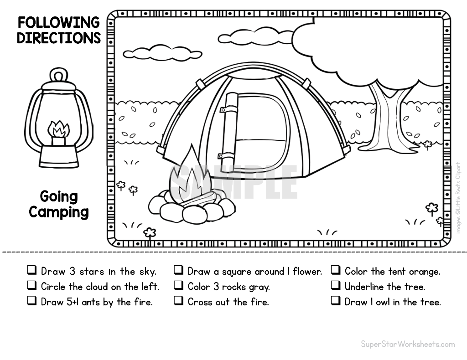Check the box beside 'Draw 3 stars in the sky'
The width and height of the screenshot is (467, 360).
pyautogui.click(x=32, y=270)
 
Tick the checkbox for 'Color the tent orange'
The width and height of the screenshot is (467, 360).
pyautogui.click(x=336, y=270)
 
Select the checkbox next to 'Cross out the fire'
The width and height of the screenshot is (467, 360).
pyautogui.click(x=178, y=300)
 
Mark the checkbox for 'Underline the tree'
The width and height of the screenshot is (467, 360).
pyautogui.click(x=336, y=285)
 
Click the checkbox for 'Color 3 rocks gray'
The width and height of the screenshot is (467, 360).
pyautogui.click(x=178, y=285)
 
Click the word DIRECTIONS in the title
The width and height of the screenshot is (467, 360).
pyautogui.click(x=59, y=38)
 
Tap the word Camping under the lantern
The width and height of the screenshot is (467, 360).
pyautogui.click(x=59, y=212)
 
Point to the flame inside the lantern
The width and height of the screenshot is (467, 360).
pyautogui.click(x=58, y=130)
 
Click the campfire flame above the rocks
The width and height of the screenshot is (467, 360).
pyautogui.click(x=190, y=175)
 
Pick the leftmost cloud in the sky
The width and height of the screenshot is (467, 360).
pyautogui.click(x=163, y=52)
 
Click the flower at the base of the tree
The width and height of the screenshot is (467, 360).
pyautogui.click(x=428, y=145)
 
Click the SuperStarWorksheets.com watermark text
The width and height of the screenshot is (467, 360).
pyautogui.click(x=408, y=344)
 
